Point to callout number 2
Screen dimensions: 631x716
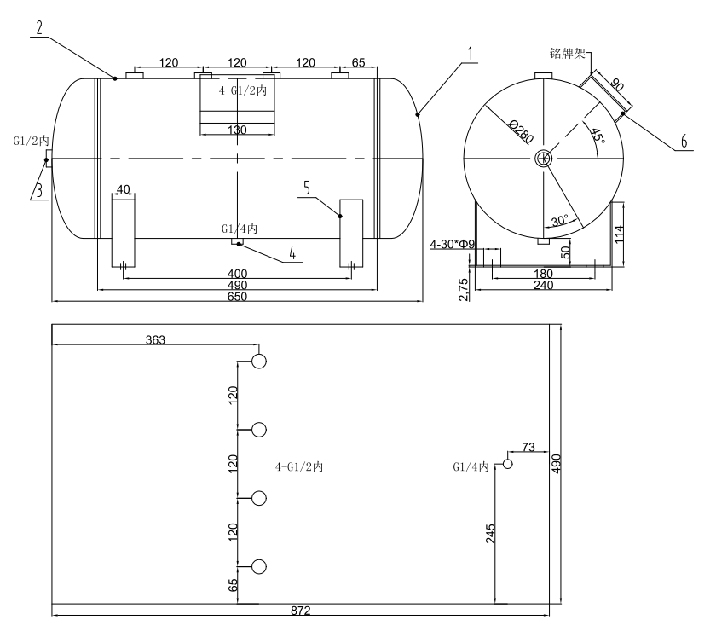coord(39,26)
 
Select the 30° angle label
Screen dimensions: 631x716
coord(559,221)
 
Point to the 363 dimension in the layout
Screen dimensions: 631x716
coord(153,339)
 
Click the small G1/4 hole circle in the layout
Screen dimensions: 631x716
coord(507,464)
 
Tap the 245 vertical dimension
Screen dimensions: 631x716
coord(490,533)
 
